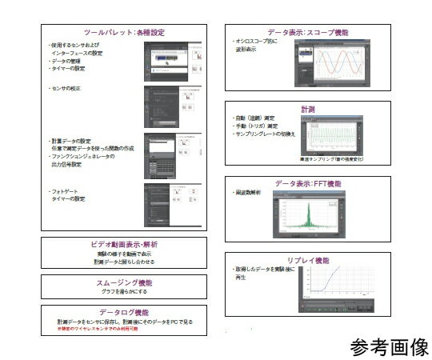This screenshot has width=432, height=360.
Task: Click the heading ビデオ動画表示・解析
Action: click(123, 243)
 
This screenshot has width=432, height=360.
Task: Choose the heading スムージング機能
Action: click(123, 282)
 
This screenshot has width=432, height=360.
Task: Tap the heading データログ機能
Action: click(123, 312)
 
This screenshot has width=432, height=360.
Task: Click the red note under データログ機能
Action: click(93, 328)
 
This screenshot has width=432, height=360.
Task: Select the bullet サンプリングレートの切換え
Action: click(263, 133)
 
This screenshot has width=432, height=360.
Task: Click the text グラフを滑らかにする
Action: click(123, 291)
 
